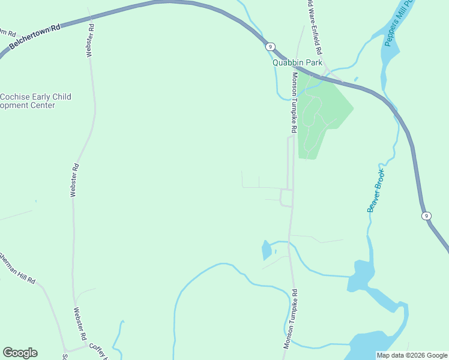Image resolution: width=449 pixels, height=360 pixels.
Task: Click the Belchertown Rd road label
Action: pyautogui.click(x=35, y=35)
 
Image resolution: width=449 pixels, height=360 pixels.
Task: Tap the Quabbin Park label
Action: pyautogui.click(x=298, y=62)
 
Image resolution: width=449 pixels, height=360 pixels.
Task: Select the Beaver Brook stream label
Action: pyautogui.click(x=376, y=190)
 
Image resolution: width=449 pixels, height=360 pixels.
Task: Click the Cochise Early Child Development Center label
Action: pyautogui.click(x=35, y=101)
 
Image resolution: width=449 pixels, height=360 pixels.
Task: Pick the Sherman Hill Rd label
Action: pyautogui.click(x=17, y=268)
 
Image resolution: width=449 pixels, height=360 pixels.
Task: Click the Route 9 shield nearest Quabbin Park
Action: pyautogui.click(x=271, y=46)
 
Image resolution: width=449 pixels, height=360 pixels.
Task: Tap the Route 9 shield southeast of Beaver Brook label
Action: pyautogui.click(x=426, y=215)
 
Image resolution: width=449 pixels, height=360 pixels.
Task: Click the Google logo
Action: pyautogui.click(x=20, y=353)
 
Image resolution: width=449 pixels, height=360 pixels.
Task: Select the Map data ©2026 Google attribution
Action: pyautogui.click(x=412, y=355)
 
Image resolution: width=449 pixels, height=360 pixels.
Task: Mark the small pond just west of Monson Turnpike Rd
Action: pyautogui.click(x=266, y=250)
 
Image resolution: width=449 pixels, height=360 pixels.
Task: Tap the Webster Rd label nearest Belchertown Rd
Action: pyautogui.click(x=91, y=40)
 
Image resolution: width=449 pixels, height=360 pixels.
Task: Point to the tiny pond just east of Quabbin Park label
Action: pyautogui.click(x=356, y=79)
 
